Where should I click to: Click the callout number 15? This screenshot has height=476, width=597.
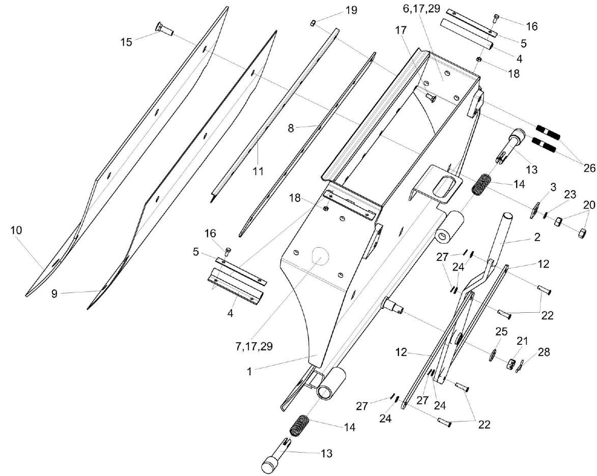[126, 41]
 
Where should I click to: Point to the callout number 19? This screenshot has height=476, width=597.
[351, 10]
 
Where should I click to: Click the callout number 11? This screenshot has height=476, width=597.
[259, 171]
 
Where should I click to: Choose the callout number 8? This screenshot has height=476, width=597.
[291, 129]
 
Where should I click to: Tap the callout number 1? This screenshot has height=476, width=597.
[249, 371]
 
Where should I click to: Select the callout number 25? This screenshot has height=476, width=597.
[501, 332]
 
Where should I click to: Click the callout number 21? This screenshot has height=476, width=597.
[521, 340]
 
